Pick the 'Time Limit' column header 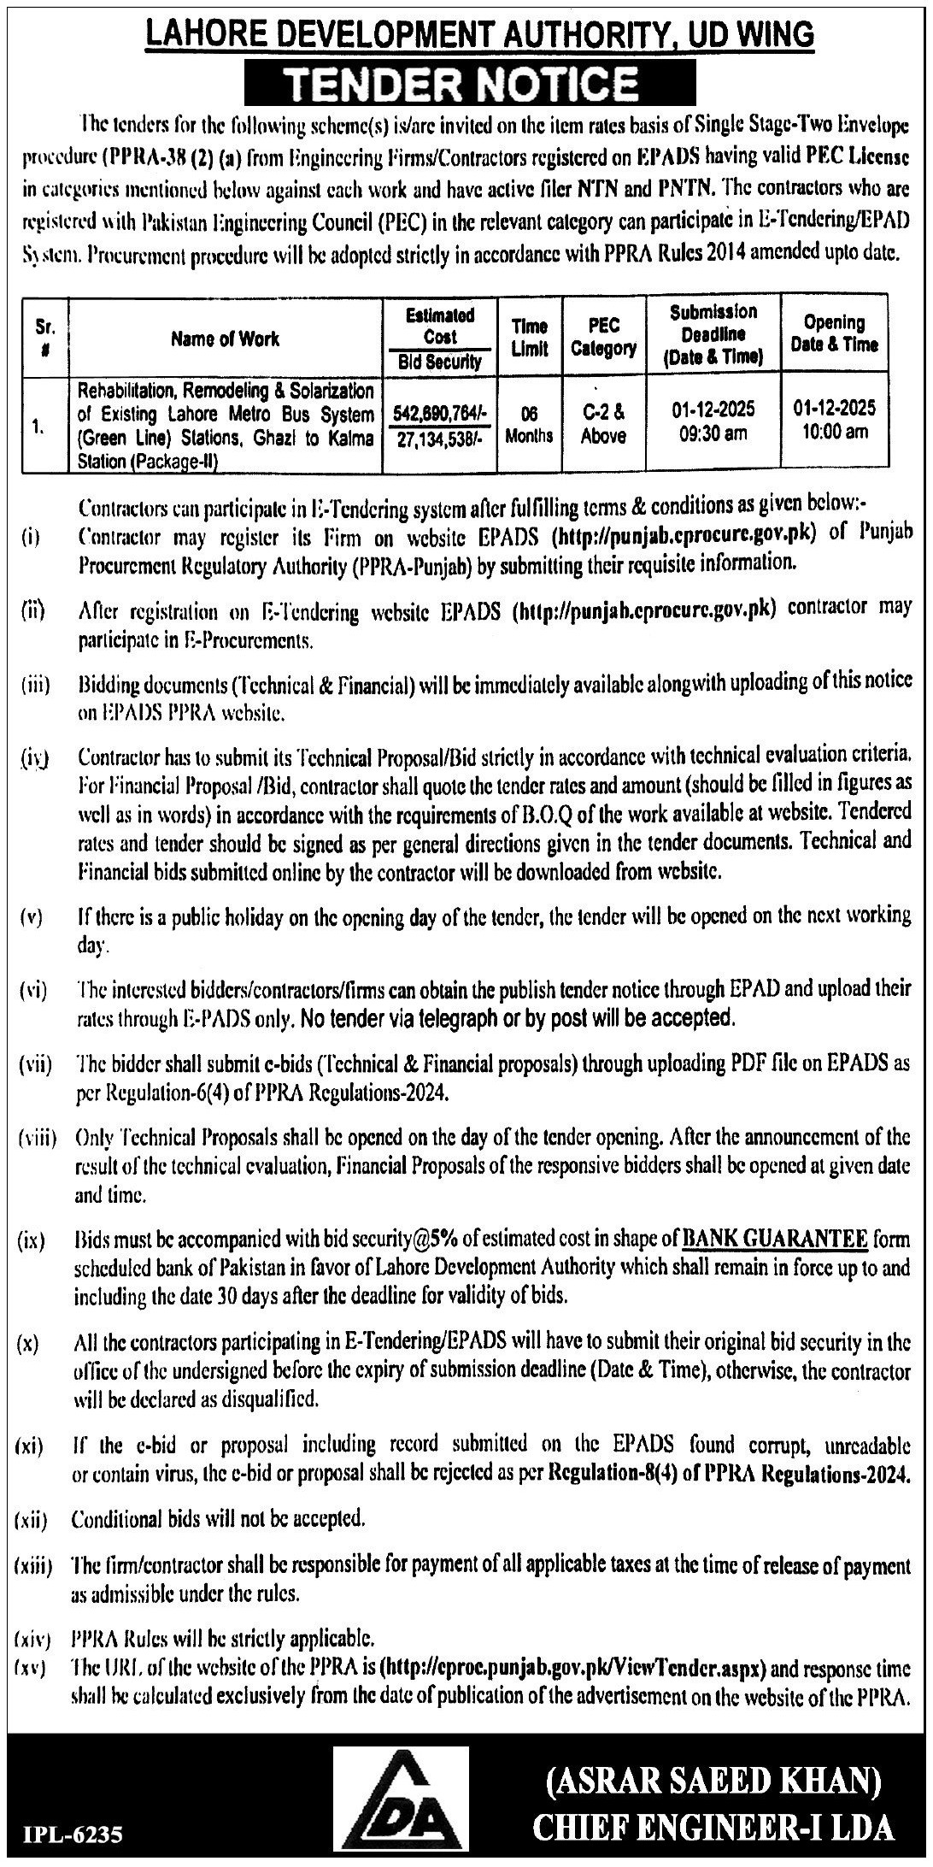point(530,337)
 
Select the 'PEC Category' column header point(603,337)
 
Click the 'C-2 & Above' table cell point(603,424)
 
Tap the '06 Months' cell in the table point(530,424)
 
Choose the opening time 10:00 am point(834,432)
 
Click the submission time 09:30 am point(713,434)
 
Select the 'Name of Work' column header point(225,339)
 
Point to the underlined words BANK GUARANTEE point(776,1238)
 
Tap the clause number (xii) point(32,1520)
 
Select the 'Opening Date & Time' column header point(834,333)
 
